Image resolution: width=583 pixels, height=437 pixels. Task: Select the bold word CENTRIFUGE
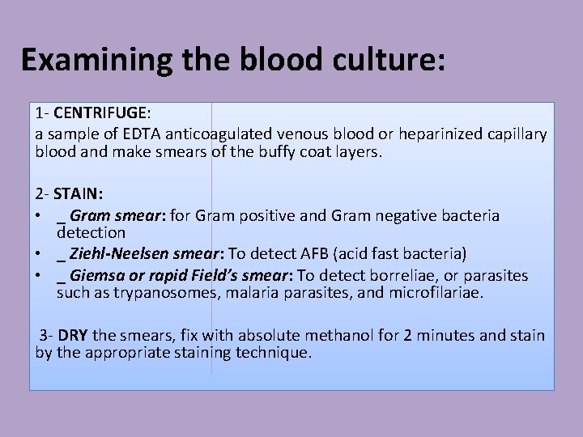click(96, 116)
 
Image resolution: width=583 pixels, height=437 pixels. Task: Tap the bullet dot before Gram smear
click(39, 216)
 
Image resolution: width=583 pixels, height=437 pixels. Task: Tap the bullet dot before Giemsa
click(39, 275)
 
